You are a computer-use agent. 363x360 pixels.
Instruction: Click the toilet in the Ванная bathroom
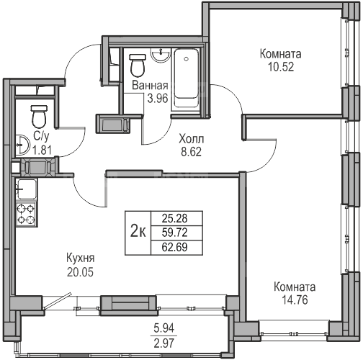tap(138, 66)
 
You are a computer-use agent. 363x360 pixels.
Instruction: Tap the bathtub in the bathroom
tap(187, 78)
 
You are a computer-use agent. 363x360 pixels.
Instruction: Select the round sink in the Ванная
tap(161, 55)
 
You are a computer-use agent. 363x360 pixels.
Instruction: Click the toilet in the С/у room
tap(39, 117)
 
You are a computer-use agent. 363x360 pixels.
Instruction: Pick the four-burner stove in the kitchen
tap(26, 214)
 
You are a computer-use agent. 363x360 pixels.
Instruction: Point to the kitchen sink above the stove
tap(26, 189)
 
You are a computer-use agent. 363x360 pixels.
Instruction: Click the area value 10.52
tap(281, 67)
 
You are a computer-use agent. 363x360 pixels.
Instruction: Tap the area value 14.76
tap(295, 300)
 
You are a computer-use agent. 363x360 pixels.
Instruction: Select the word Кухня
tap(80, 258)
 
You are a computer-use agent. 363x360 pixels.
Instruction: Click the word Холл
tap(192, 139)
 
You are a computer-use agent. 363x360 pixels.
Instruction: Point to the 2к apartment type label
tap(138, 233)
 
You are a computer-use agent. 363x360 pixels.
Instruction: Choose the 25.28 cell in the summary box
tap(174, 218)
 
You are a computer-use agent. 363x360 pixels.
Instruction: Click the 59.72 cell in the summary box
tap(174, 233)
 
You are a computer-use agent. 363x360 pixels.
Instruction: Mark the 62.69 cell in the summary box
tap(174, 247)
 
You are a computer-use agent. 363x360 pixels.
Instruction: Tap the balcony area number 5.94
tap(164, 328)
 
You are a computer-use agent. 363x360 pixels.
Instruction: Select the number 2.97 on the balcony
tap(164, 343)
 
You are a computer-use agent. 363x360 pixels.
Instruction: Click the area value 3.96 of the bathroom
tap(158, 99)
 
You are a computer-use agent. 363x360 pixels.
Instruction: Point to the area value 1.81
tap(42, 150)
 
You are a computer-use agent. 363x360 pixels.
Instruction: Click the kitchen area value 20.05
tap(80, 272)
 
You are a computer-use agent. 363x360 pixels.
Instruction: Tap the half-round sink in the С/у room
tap(22, 145)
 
